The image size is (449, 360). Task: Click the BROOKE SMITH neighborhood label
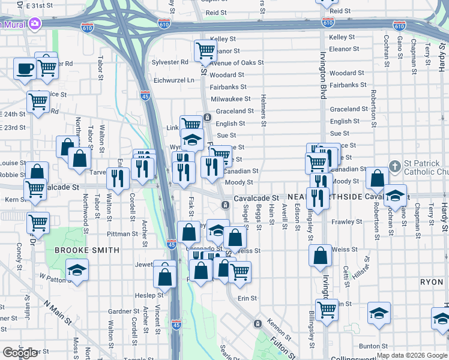point(88,250)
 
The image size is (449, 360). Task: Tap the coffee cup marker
point(25,68)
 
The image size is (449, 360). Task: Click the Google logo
point(20,353)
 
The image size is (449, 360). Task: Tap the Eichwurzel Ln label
point(174,80)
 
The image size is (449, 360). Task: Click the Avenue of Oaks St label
point(237,63)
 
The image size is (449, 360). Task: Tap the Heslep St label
point(149,295)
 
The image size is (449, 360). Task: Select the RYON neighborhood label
point(432,281)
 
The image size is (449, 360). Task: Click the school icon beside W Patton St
point(77,270)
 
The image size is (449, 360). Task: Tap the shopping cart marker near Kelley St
point(205,50)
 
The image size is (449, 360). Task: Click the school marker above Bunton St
point(378,314)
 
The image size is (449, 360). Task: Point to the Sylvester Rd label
point(170,62)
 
